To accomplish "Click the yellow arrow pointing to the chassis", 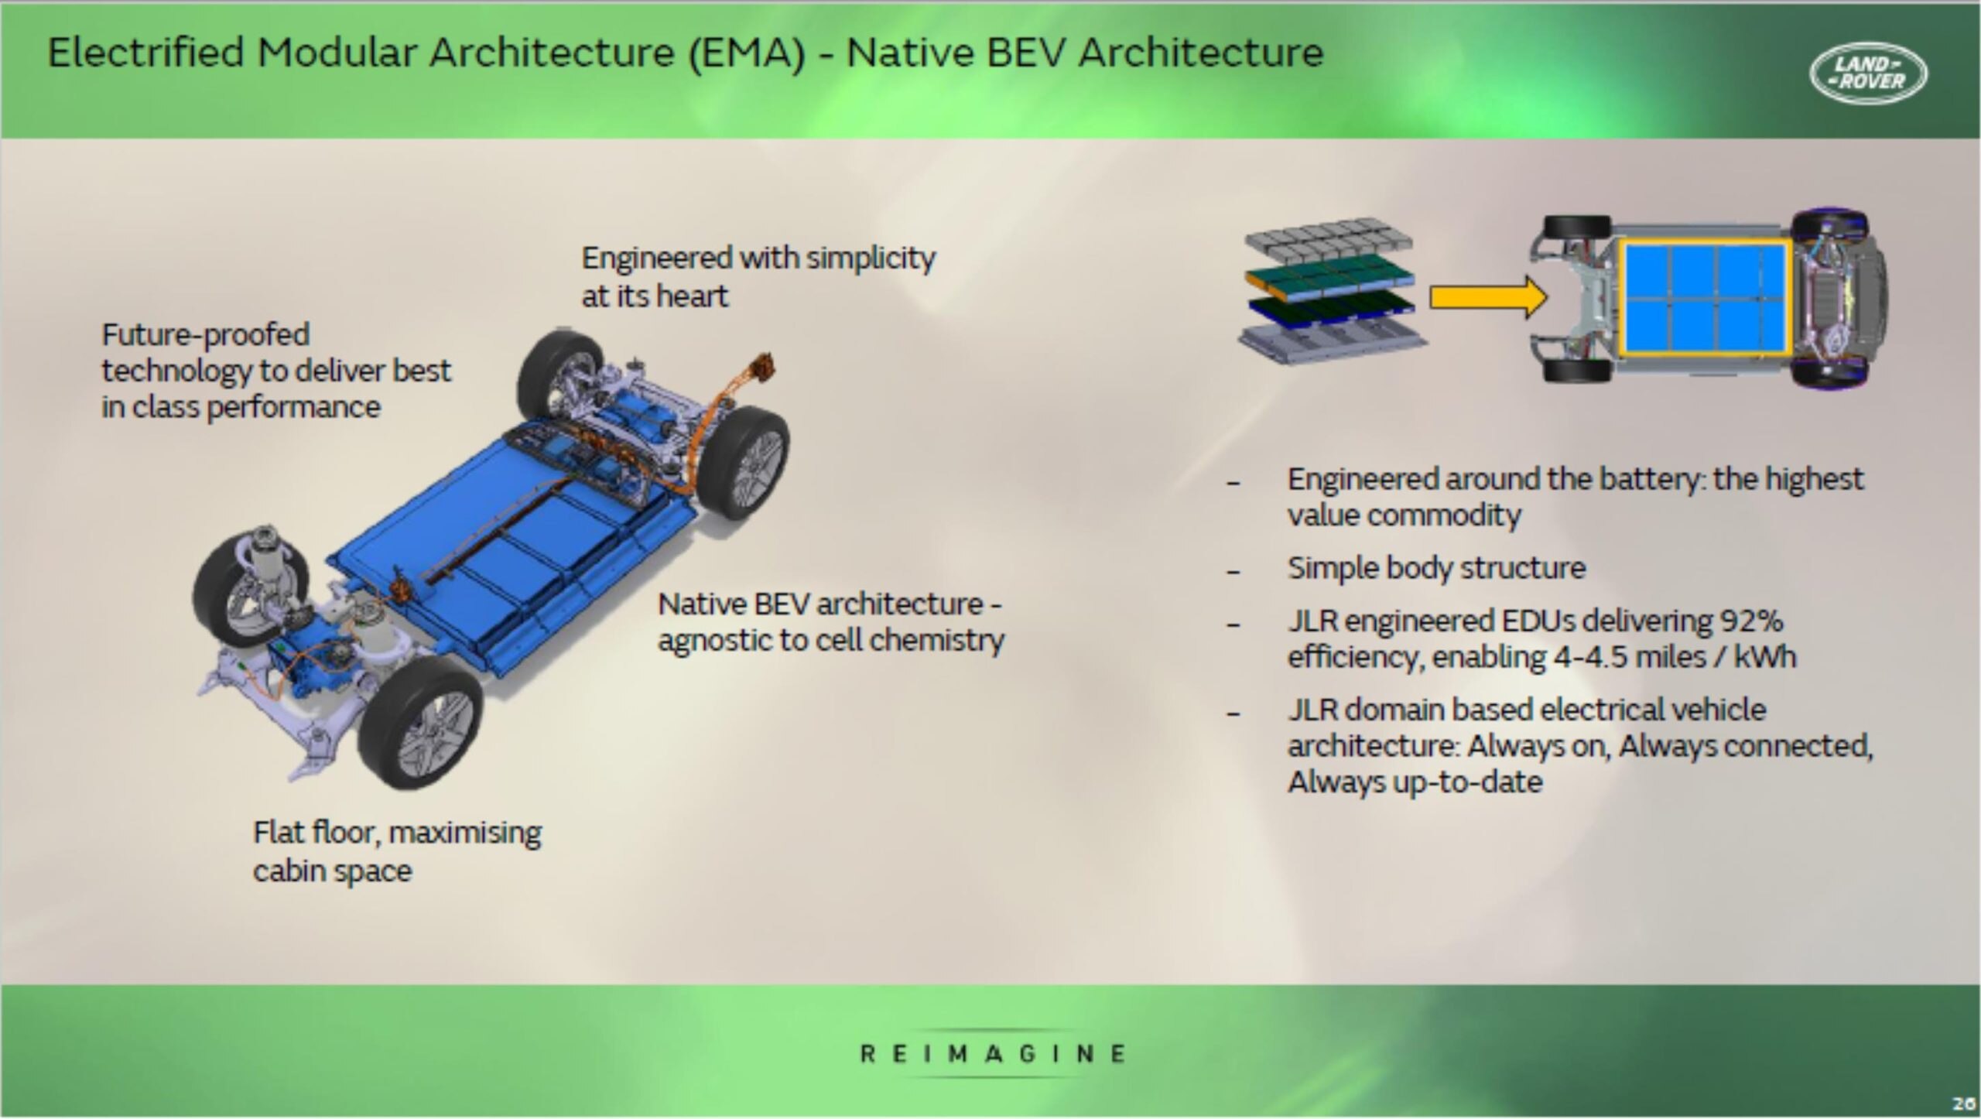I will tap(1487, 297).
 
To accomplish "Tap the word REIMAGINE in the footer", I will tap(993, 1053).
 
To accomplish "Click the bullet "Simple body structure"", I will tap(1436, 568).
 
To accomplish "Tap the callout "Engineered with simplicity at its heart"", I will tap(757, 276).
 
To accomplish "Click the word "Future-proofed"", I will tap(206, 334).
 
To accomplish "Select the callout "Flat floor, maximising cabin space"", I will tap(396, 851).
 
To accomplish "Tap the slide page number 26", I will tap(1962, 1104).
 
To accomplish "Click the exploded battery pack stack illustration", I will tap(1331, 290).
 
